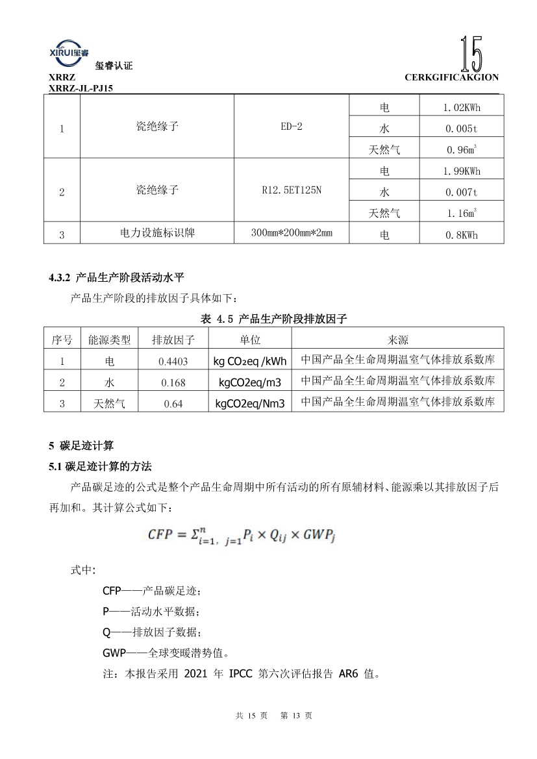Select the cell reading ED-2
tap(291, 127)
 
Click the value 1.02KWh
tap(461, 107)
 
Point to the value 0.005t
tap(461, 129)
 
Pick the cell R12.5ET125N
tap(291, 191)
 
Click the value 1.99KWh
tap(461, 171)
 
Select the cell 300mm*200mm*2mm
tap(291, 233)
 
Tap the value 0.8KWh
tap(461, 235)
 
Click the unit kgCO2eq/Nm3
tap(250, 403)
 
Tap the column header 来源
tap(397, 340)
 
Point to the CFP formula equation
tap(241, 535)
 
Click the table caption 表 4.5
tap(274, 318)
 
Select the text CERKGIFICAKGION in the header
tap(451, 77)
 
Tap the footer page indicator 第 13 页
tap(296, 715)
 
